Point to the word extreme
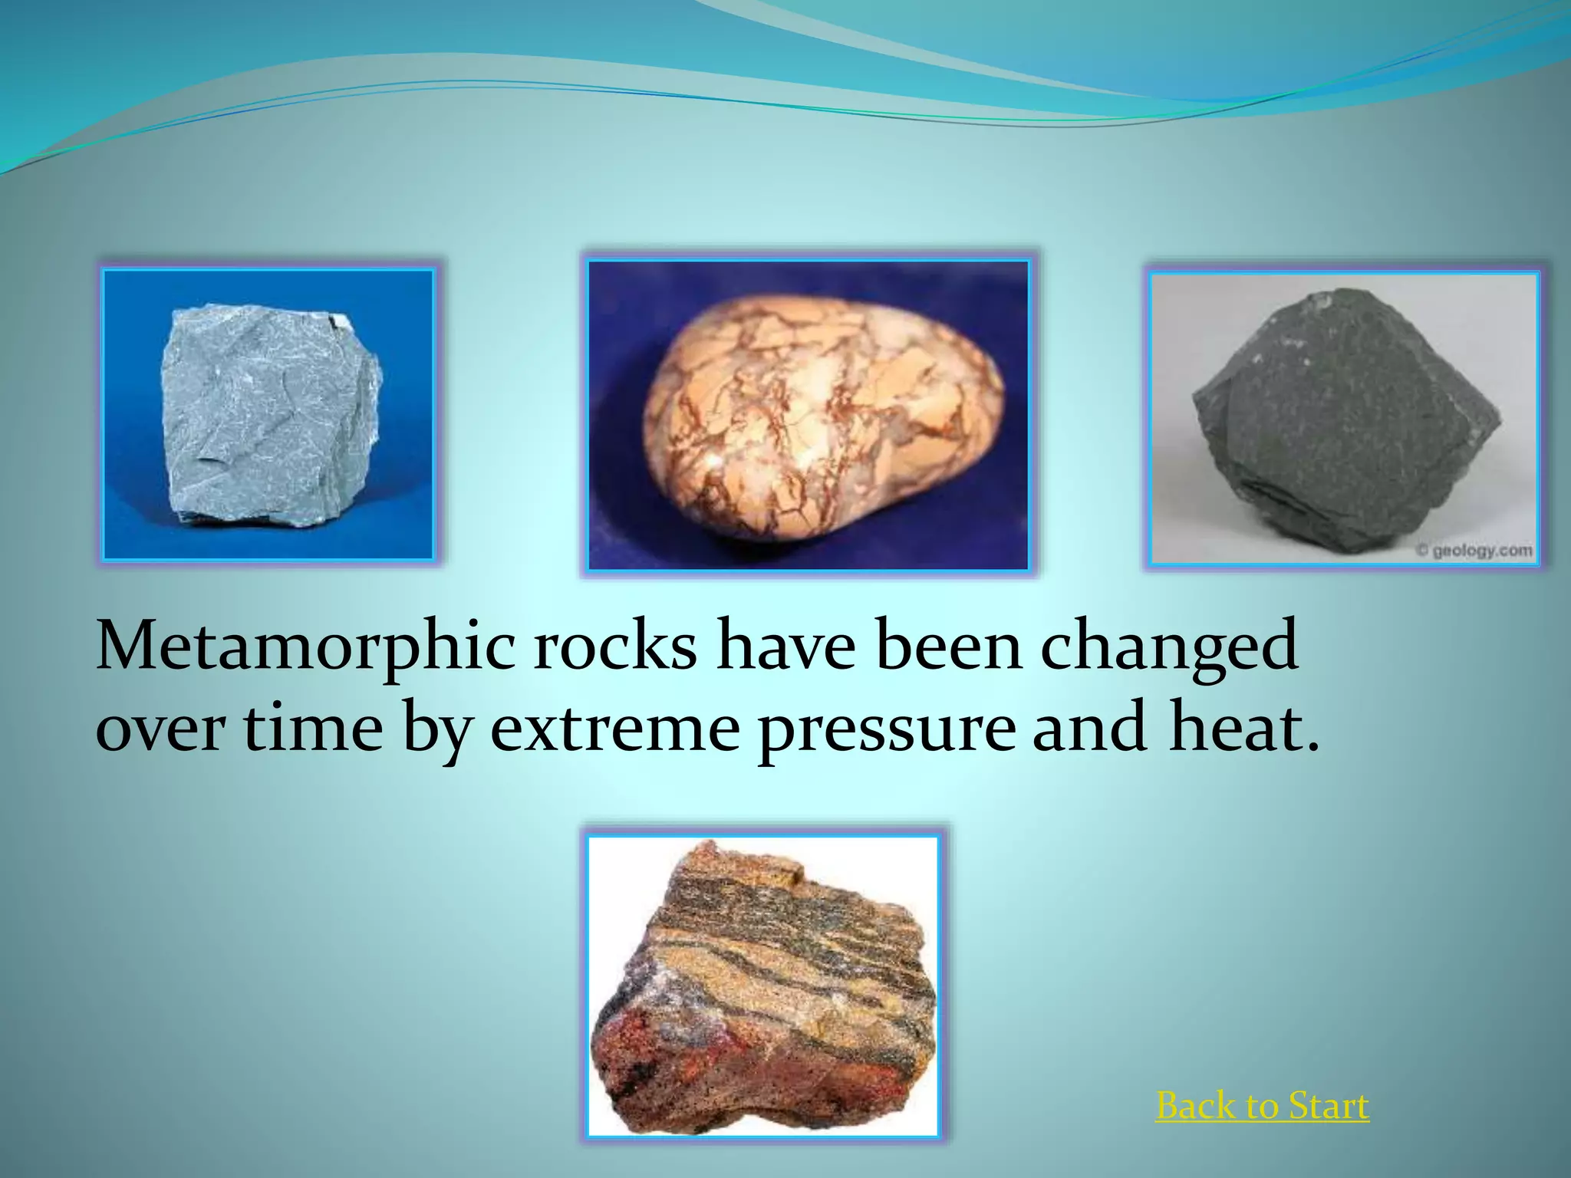614,729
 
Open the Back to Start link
1262,1107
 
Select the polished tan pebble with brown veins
821,418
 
